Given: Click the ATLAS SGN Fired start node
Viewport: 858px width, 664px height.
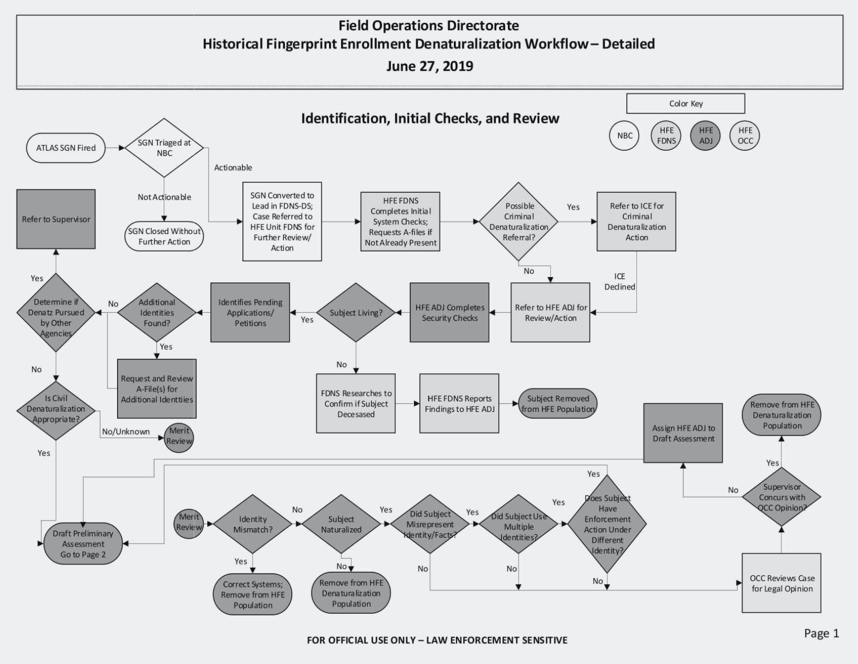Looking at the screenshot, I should click(x=66, y=148).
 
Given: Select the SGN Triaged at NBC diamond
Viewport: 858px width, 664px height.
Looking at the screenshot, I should click(x=164, y=148).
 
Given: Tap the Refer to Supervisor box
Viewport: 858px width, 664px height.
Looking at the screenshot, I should click(x=56, y=219).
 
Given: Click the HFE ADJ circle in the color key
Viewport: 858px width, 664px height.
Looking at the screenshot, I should click(x=706, y=136).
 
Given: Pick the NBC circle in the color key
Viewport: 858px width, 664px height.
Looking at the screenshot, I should click(x=624, y=136).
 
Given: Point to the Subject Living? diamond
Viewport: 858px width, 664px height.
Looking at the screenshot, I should click(x=356, y=312).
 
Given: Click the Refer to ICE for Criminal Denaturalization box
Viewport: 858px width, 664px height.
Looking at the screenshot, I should click(x=636, y=222).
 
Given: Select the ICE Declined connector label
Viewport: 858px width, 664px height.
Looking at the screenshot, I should click(x=620, y=281).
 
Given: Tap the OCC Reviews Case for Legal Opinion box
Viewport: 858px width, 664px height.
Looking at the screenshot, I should click(x=781, y=583).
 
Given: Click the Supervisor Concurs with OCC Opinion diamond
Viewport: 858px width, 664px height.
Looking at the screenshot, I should click(x=781, y=497).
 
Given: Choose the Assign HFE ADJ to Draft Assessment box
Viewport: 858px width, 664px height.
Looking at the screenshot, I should click(x=683, y=433).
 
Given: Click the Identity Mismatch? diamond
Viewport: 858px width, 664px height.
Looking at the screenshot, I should click(x=253, y=524).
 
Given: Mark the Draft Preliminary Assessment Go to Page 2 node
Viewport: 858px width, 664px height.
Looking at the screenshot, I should click(x=83, y=544).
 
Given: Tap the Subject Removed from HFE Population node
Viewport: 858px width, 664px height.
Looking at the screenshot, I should click(x=557, y=403).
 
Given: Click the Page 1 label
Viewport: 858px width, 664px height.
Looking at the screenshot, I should click(x=821, y=633).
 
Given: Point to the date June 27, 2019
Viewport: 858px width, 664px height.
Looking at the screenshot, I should click(x=430, y=66).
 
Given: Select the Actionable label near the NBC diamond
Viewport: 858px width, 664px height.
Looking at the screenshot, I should click(x=233, y=168).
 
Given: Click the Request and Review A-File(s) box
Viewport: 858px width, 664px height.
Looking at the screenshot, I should click(x=157, y=389).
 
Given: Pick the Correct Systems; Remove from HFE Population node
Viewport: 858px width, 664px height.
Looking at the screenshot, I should click(x=253, y=595).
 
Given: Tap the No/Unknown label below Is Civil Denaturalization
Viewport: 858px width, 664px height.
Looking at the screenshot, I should click(x=126, y=431).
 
